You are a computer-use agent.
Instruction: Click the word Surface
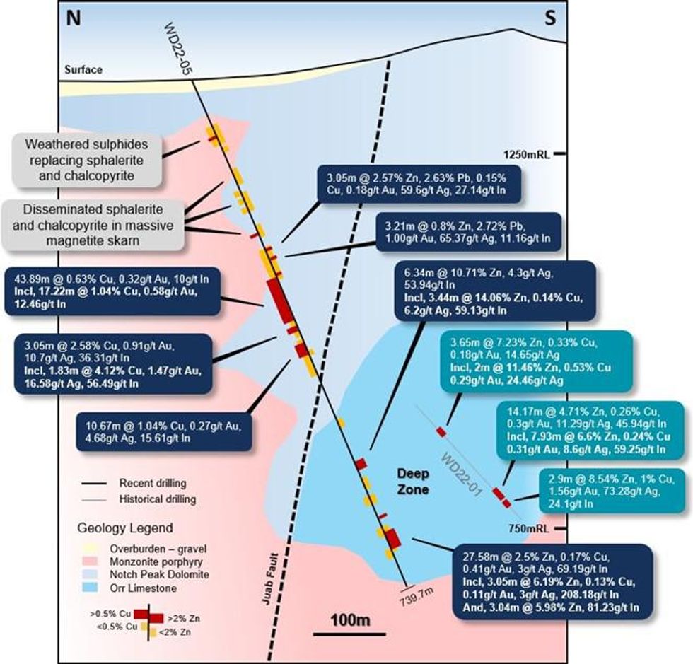83,70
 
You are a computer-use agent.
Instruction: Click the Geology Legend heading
124,528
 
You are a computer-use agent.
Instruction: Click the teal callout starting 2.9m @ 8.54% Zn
610,490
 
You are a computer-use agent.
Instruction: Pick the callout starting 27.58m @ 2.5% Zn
552,582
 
